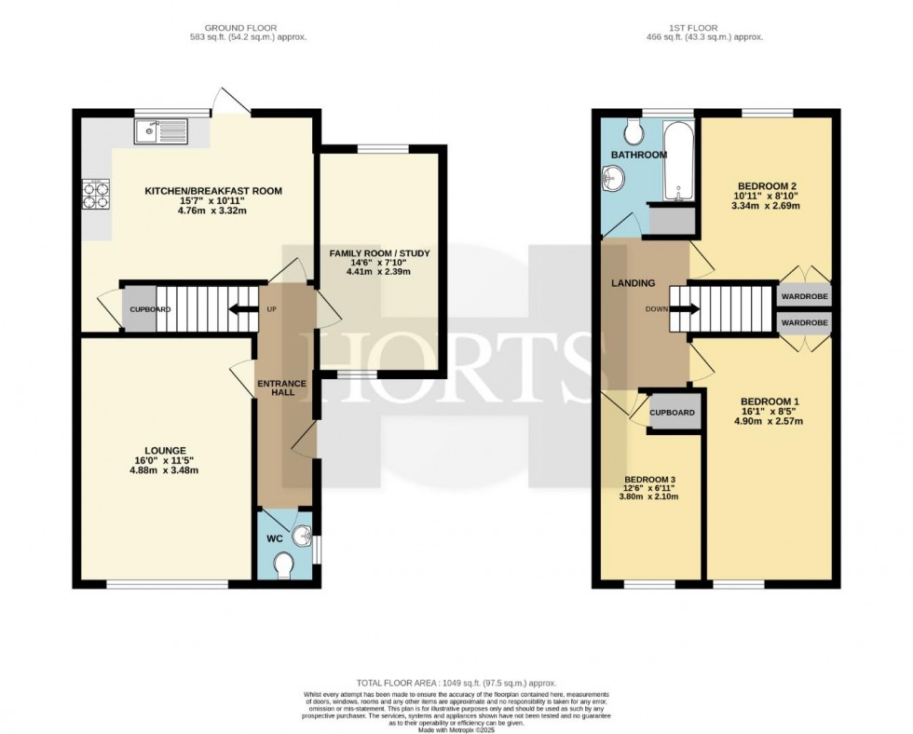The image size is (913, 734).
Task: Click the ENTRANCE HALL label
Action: [x=277, y=387]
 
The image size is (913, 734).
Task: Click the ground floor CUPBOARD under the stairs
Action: [x=141, y=310]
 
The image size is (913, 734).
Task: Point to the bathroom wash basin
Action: [x=614, y=176]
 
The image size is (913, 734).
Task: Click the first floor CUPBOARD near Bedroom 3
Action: [x=672, y=412]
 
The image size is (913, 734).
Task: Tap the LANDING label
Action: [x=633, y=283]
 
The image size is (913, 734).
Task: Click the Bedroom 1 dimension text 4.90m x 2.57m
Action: [x=769, y=420]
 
